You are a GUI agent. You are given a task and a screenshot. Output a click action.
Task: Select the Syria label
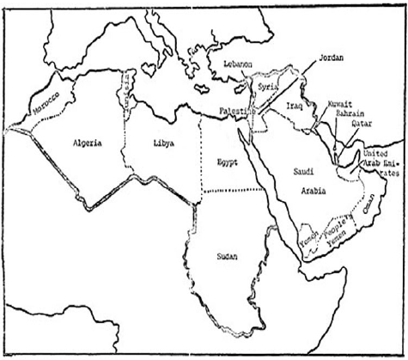click(268, 88)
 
